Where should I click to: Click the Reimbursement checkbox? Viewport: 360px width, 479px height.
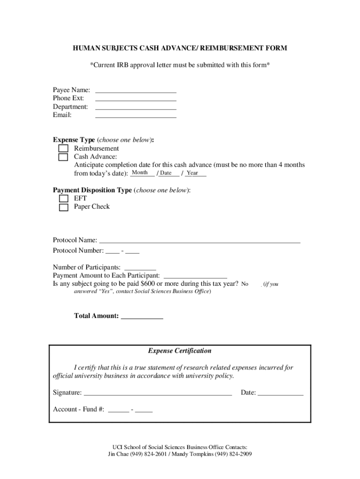(63, 149)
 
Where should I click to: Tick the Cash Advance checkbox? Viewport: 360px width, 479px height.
(63, 157)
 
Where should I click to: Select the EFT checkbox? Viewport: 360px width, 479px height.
(63, 198)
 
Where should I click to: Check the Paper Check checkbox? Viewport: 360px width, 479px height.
(63, 207)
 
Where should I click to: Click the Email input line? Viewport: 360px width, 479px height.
(136, 115)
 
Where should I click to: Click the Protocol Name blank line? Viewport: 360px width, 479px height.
(200, 240)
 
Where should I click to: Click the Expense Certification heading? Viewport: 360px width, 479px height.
(180, 351)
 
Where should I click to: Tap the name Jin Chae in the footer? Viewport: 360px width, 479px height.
(118, 454)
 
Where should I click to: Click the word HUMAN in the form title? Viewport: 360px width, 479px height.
(86, 48)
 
